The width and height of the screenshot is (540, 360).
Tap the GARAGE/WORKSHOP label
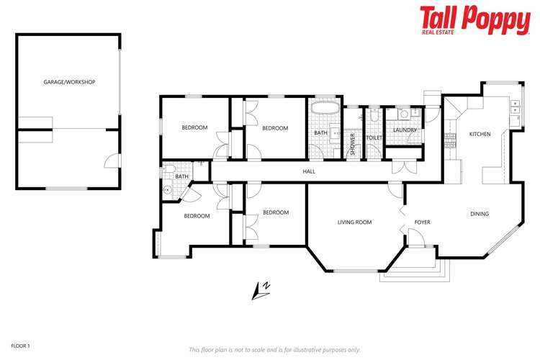69,82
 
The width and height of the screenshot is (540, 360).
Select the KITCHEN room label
480,135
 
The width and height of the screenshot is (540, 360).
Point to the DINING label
480,214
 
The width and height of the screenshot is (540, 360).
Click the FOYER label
423,222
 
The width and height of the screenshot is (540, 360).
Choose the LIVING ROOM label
355,222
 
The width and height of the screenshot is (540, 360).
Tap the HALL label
309,171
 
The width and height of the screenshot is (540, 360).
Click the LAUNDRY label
405,130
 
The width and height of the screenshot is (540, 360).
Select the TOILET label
374,138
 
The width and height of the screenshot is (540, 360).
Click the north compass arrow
261,289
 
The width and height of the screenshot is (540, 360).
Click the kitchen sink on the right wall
514,109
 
